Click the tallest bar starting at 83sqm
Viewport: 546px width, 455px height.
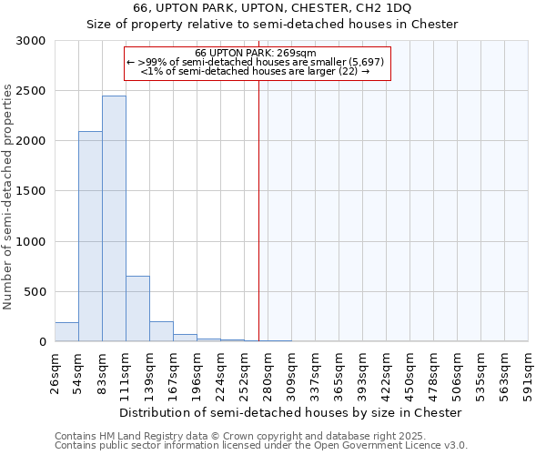[x=114, y=218]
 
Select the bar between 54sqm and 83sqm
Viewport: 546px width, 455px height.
[x=90, y=237]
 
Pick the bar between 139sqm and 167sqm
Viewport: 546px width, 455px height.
[x=161, y=331]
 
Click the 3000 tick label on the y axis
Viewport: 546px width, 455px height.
[x=30, y=41]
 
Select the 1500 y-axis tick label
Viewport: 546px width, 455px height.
[x=30, y=191]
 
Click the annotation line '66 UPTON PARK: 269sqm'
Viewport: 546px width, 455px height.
[x=256, y=53]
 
